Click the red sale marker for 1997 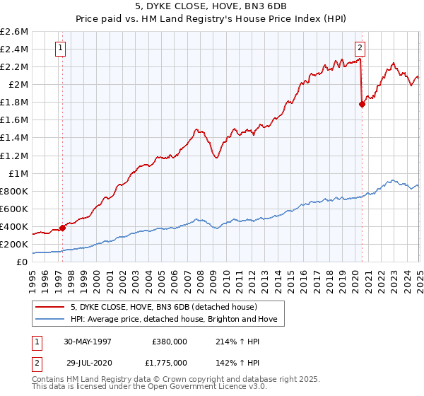tap(62, 228)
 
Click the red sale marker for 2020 tap(362, 104)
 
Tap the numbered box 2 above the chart tap(360, 48)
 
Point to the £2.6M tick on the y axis tap(14, 32)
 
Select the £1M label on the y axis tap(18, 173)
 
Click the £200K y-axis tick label tap(14, 244)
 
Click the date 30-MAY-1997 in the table tap(88, 341)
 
